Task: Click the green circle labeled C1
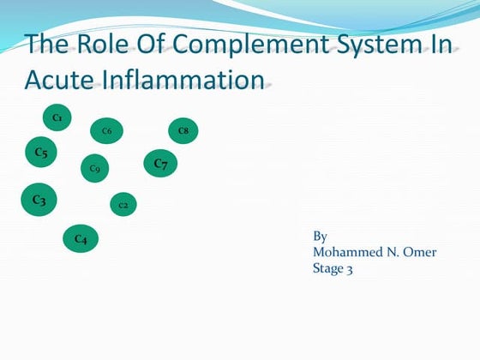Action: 57,117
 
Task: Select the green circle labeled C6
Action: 106,131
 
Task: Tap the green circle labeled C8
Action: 183,130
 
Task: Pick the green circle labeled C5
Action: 40,153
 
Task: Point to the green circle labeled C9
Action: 94,168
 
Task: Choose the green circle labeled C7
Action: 160,163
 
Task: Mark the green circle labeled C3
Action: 39,200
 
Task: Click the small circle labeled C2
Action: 123,205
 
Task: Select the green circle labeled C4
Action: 80,239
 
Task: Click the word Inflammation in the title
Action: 188,81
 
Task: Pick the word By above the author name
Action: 321,237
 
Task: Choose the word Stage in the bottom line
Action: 329,268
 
